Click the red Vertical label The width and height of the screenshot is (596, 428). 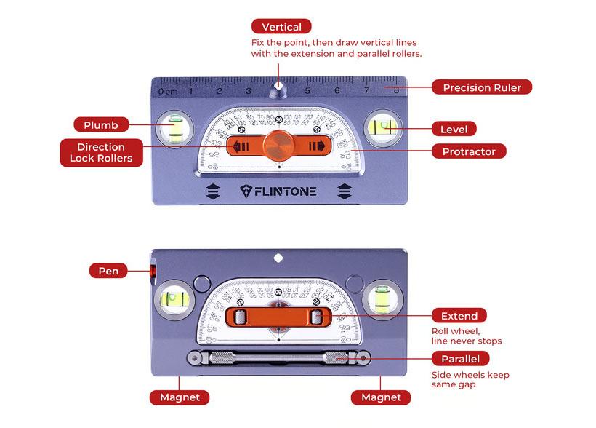point(281,27)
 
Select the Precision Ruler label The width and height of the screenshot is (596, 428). point(482,87)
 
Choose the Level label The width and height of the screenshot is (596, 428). point(454,129)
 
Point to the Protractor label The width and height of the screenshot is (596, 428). point(468,151)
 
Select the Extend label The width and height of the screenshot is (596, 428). point(459,316)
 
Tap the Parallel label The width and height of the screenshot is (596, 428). point(460,359)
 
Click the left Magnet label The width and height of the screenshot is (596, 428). point(180,397)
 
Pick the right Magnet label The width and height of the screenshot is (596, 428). point(381,397)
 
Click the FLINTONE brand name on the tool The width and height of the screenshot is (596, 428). point(278,191)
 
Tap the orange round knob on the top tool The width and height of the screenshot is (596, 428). point(278,144)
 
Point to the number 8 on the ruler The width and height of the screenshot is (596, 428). point(395,91)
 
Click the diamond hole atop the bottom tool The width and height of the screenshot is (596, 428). point(278,257)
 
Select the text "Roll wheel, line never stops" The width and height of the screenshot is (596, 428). point(466,336)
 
